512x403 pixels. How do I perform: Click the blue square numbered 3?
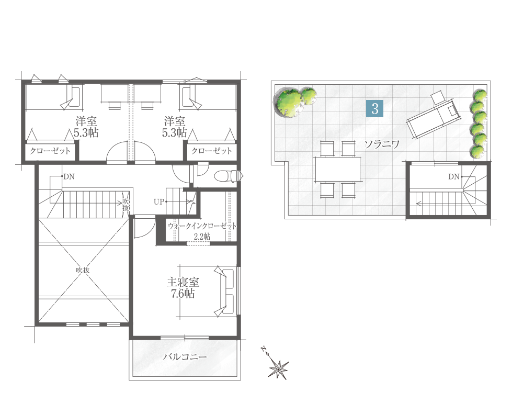click(374, 108)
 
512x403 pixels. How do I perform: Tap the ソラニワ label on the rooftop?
click(382, 144)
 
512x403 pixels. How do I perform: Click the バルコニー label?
click(185, 356)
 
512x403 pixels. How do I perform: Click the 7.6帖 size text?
click(183, 294)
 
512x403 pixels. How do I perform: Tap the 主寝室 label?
click(183, 282)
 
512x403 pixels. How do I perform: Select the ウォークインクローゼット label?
click(202, 226)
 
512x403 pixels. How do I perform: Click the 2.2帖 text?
click(202, 237)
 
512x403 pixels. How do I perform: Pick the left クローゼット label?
click(50, 151)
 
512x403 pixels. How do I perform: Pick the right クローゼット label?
click(212, 151)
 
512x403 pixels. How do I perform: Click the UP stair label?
click(158, 201)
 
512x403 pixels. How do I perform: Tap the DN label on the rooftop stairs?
click(454, 177)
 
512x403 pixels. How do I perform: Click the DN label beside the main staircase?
click(69, 177)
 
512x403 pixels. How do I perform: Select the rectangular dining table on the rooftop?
click(338, 169)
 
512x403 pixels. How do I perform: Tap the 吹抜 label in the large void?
click(83, 270)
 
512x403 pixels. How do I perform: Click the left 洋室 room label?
click(86, 121)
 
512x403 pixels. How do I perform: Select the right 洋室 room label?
click(175, 121)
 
